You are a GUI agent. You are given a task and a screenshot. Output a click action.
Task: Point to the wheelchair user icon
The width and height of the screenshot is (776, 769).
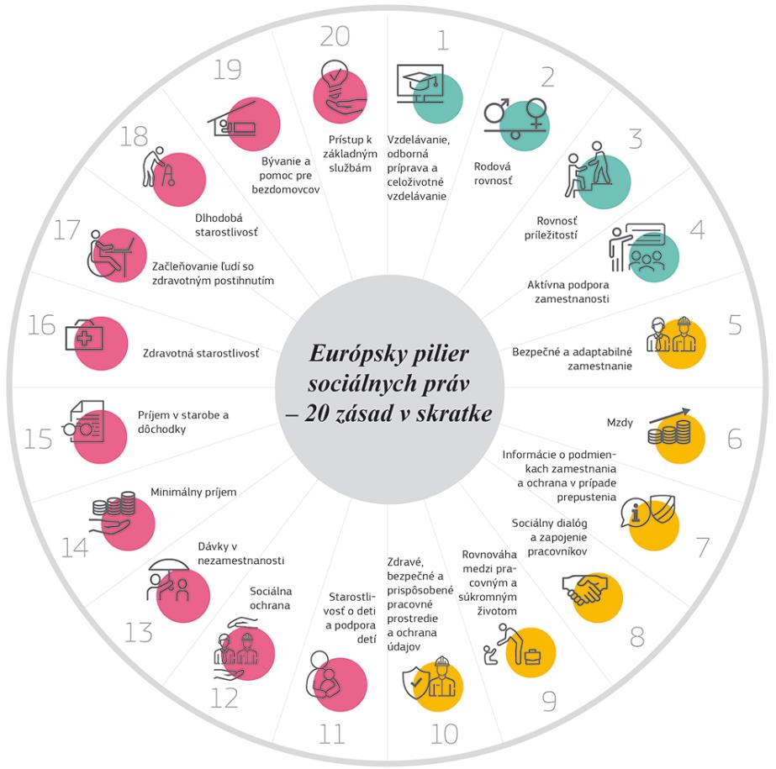click(108, 250)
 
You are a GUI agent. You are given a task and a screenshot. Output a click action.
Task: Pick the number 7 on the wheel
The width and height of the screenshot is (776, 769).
click(701, 546)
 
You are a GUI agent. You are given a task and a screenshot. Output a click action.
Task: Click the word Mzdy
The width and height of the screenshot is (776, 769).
click(620, 421)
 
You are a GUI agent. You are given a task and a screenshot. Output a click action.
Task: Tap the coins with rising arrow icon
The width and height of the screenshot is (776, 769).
click(670, 428)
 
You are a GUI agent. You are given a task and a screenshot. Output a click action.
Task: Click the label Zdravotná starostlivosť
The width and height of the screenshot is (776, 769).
click(201, 353)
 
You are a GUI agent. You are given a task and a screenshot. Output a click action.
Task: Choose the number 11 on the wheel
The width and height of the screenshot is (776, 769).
click(332, 734)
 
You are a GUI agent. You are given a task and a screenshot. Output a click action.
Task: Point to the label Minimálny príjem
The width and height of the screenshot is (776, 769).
click(193, 492)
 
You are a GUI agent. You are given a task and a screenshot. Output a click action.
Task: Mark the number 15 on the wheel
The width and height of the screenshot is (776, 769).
click(38, 438)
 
